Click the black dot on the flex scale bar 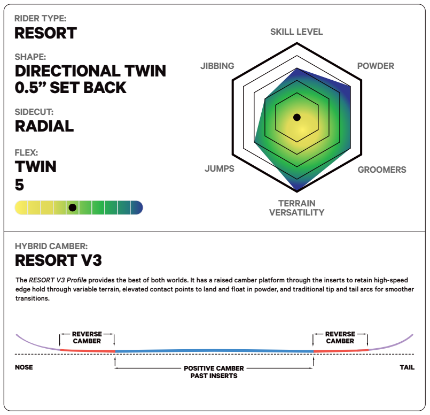[x=73, y=207]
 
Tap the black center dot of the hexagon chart [x=296, y=117]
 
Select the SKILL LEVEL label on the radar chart [x=296, y=32]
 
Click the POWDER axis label [x=376, y=66]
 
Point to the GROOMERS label [x=382, y=170]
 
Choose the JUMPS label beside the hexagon [x=220, y=168]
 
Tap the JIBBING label [x=217, y=66]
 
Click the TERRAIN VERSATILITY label [x=296, y=208]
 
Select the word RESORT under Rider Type [x=46, y=33]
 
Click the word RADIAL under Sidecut [x=44, y=126]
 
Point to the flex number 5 [x=19, y=185]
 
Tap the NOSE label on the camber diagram [x=24, y=367]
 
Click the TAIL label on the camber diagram [x=407, y=367]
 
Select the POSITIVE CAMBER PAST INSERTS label [x=214, y=372]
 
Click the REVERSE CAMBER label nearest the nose [x=87, y=337]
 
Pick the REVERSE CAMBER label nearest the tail [x=340, y=337]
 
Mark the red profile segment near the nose [x=87, y=350]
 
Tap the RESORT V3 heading [x=58, y=260]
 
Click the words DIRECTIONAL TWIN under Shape [x=90, y=71]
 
